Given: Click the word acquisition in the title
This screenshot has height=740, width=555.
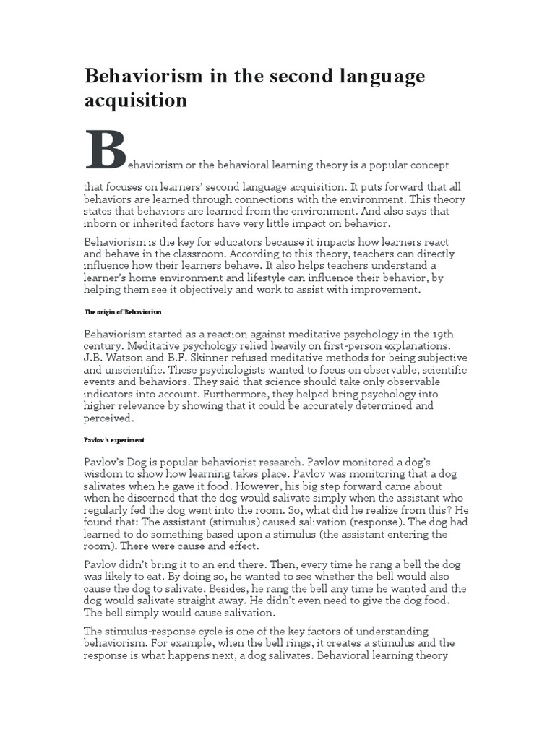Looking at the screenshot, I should tap(136, 100).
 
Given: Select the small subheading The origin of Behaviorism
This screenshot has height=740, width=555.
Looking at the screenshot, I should tap(123, 311).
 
